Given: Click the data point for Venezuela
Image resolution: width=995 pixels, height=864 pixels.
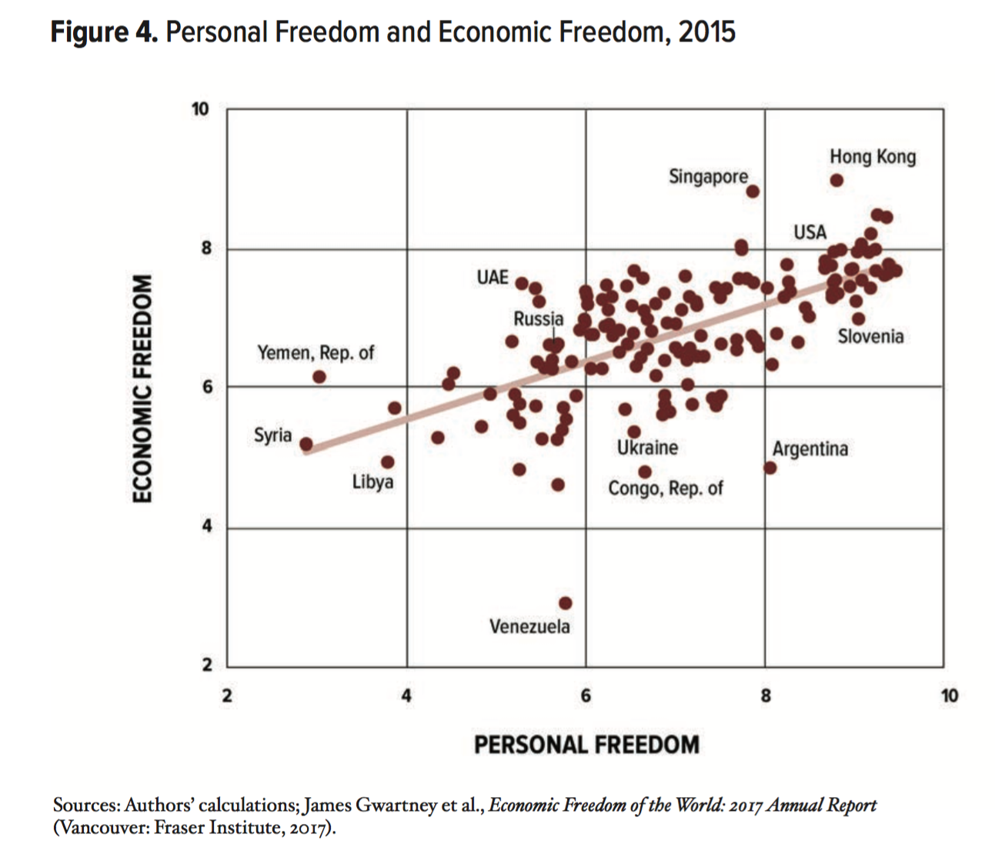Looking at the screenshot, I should [x=566, y=603].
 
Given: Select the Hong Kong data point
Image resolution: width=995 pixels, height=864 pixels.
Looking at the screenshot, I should [x=836, y=181].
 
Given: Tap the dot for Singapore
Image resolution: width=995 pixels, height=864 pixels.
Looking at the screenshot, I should [x=753, y=192].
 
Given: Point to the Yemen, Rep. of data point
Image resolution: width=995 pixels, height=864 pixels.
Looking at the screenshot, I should [x=319, y=377].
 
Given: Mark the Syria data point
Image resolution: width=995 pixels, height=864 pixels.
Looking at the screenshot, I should [x=306, y=444].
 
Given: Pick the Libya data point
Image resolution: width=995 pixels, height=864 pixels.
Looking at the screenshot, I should [x=388, y=462].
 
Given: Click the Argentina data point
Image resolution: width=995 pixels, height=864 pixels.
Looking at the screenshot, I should [x=770, y=467].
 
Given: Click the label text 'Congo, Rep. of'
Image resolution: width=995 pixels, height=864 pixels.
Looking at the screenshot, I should [x=665, y=489].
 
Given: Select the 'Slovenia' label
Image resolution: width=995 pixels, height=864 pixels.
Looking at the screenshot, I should [x=870, y=336].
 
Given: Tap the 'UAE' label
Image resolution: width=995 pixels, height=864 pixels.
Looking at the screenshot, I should [x=492, y=277].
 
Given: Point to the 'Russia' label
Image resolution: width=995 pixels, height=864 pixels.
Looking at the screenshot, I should [x=538, y=319].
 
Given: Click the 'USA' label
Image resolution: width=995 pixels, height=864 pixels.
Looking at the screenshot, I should [x=810, y=232].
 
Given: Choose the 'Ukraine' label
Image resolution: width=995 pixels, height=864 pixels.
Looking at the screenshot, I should [x=647, y=448].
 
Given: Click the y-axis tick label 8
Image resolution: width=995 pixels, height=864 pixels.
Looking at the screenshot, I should [x=206, y=249].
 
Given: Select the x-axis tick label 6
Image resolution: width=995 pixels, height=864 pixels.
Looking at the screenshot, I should [x=586, y=696].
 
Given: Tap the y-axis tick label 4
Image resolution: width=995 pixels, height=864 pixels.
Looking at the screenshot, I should [x=206, y=528].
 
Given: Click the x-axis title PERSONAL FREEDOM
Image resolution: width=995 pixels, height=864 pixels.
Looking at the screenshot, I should [x=586, y=745].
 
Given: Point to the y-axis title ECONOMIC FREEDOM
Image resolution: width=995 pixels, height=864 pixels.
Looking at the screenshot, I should [x=142, y=389].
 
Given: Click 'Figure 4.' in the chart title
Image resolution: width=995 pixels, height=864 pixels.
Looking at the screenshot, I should [x=105, y=32].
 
